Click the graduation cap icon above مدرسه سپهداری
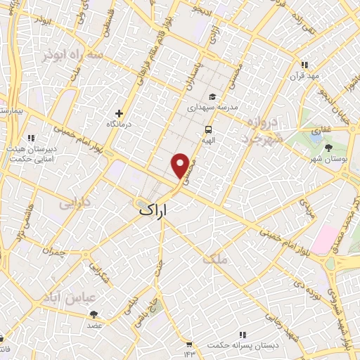tap(212, 98)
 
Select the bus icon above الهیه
tap(208, 130)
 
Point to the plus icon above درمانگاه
tap(119, 112)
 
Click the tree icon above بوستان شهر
tap(329, 147)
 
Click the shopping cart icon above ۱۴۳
tap(189, 345)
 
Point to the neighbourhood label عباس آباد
tap(69, 297)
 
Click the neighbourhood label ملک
tap(215, 259)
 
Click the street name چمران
tap(53, 250)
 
